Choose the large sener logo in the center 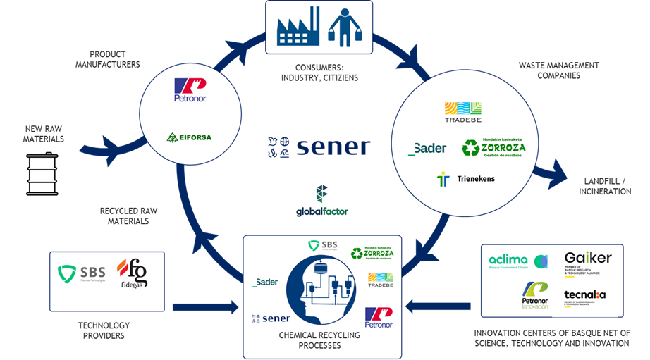click(x=319, y=147)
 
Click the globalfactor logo click(x=321, y=201)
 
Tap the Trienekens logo click(x=466, y=179)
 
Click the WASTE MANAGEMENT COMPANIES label click(x=558, y=70)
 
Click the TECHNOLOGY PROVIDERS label click(x=104, y=330)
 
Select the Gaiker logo click(x=587, y=261)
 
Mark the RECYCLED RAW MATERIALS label click(x=128, y=216)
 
